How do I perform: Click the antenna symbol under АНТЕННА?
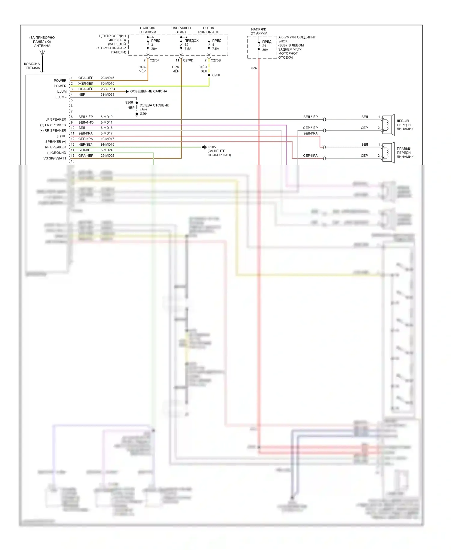42,53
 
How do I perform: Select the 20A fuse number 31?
148,45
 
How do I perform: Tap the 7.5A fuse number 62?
181,45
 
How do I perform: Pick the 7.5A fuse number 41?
209,45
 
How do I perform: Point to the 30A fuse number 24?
259,46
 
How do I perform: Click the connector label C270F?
155,60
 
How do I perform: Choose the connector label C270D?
188,60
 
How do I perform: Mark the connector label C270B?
216,60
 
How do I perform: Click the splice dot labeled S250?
209,75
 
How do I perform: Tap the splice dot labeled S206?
137,103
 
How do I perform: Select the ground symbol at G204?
137,114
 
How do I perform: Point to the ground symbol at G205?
204,147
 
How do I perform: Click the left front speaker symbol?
388,125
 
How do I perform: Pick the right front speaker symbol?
388,153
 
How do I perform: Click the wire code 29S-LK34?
108,89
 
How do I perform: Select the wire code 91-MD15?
107,145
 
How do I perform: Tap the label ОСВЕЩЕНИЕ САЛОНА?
149,91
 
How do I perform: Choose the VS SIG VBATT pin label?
55,158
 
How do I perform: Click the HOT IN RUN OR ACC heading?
209,30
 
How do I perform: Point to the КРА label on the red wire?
253,68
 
